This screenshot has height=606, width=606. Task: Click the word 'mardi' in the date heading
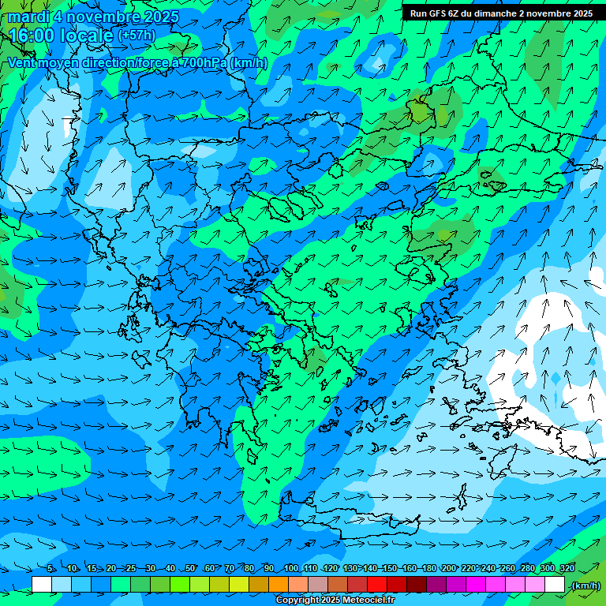coord(29,17)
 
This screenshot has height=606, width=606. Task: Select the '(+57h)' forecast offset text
coord(136,36)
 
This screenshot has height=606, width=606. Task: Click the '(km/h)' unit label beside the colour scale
coord(585,585)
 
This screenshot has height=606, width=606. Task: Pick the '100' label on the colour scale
coord(291,569)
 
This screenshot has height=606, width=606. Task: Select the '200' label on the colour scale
coord(449,569)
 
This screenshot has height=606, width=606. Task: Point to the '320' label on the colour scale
coord(567,569)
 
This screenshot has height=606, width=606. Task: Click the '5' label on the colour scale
coord(50,569)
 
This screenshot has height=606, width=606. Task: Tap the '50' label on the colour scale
coord(190,569)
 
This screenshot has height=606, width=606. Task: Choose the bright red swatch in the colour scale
coord(376,585)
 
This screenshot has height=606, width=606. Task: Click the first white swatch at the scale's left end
coord(42,585)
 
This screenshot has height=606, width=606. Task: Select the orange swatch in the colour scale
coord(278,585)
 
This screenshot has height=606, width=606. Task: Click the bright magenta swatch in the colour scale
coord(475,585)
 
